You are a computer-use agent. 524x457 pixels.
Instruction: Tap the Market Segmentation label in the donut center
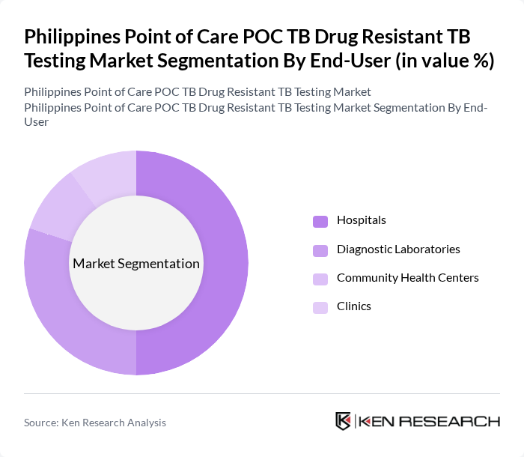(136, 264)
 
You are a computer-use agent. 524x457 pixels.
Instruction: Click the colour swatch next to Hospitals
(320, 221)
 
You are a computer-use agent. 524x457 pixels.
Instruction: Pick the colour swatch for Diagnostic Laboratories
(320, 249)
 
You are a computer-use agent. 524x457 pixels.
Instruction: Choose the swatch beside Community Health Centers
(320, 278)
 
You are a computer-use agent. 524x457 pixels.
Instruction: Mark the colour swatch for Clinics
(320, 306)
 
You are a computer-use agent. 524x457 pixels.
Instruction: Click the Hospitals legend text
(361, 220)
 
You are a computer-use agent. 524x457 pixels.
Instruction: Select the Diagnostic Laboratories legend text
(398, 249)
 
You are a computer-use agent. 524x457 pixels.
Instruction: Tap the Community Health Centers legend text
(407, 277)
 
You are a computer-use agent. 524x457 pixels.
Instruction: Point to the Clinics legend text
(353, 306)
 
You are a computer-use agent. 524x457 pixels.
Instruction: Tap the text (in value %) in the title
(442, 61)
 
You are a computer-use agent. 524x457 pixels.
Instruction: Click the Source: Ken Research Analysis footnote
(95, 423)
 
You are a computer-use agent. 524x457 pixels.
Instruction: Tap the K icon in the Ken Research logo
(344, 421)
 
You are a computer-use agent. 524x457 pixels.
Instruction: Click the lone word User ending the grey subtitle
(37, 121)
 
